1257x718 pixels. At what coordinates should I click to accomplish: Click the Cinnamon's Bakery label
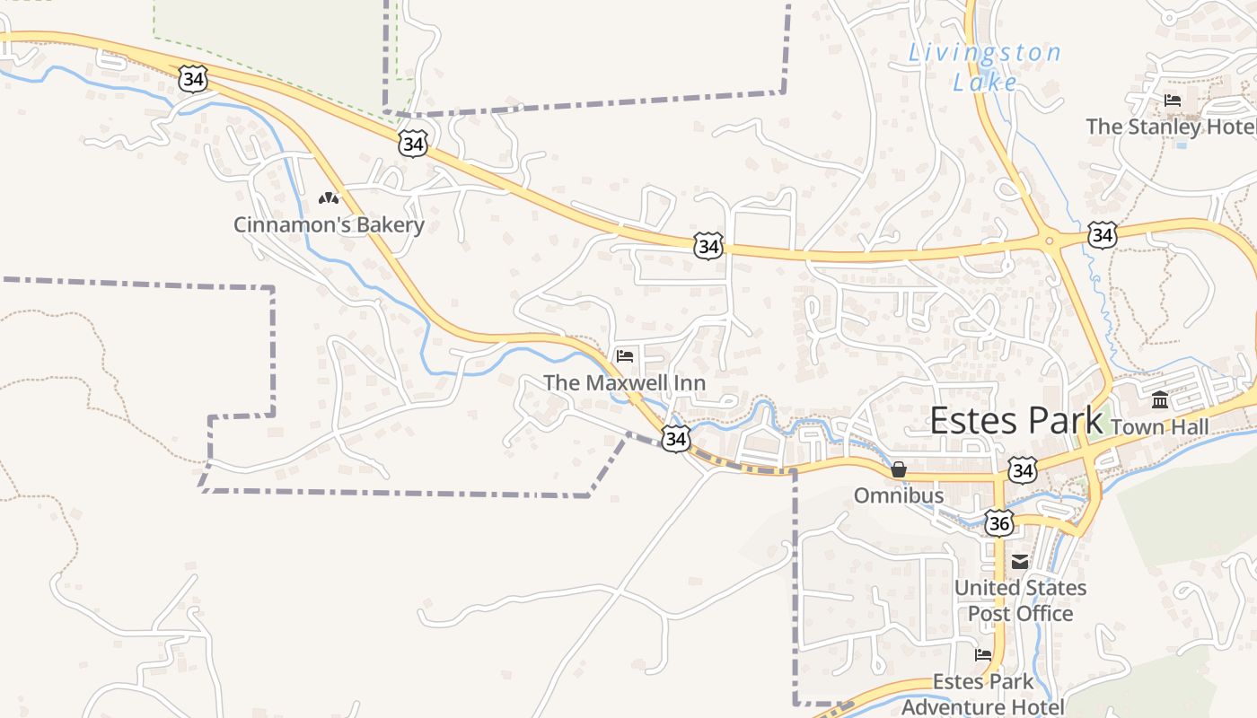point(329,224)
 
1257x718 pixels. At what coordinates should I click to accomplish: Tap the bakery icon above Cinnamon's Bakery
point(329,197)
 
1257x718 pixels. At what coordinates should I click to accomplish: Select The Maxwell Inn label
point(624,383)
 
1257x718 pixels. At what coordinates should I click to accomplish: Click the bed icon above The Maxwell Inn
point(625,356)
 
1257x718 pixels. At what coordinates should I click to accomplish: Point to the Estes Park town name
point(1015,421)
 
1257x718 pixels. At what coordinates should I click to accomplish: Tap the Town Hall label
point(1160,427)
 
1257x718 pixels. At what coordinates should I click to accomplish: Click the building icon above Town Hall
point(1160,399)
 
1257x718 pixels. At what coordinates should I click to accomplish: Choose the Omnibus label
point(899,495)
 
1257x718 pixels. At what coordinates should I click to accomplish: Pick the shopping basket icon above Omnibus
point(899,469)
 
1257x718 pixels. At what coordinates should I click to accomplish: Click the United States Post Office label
point(1020,600)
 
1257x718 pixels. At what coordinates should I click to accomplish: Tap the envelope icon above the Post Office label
point(1020,562)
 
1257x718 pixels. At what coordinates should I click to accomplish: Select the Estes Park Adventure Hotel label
point(983,694)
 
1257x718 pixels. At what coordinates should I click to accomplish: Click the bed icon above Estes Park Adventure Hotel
point(983,655)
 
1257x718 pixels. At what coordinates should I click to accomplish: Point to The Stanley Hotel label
point(1171,127)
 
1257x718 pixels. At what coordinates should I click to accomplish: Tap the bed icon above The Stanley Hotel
point(1172,100)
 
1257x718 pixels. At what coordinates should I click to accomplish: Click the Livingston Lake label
point(985,67)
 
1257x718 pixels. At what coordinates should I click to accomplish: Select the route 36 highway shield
point(998,523)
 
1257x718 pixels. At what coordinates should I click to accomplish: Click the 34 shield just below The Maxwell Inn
point(676,438)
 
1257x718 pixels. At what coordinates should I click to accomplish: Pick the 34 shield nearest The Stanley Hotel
point(1102,235)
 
